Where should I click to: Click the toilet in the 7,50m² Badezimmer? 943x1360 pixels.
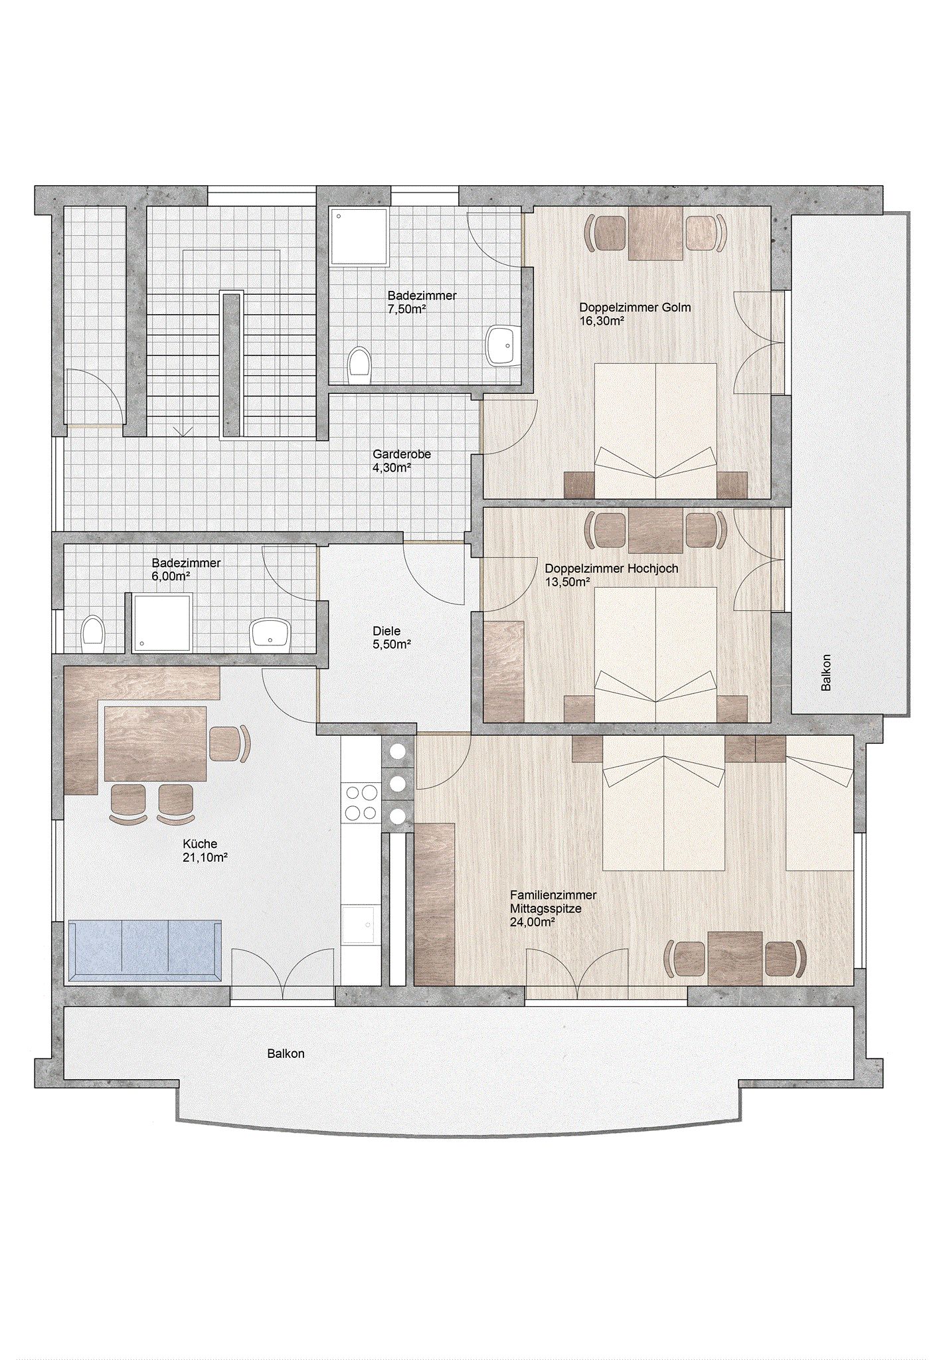tap(359, 365)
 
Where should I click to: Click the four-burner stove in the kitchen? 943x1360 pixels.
tap(360, 802)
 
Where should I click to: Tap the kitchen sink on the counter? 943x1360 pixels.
tap(360, 926)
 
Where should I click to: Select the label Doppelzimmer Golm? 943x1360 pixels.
tap(635, 307)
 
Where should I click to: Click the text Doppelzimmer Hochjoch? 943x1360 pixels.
tap(611, 568)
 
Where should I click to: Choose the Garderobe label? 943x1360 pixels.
tap(402, 455)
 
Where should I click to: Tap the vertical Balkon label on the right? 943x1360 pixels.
tap(826, 673)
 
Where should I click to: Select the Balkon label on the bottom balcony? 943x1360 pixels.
tap(286, 1054)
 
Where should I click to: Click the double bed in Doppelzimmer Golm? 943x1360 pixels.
tap(655, 430)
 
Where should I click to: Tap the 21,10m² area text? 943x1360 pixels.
tap(206, 857)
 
